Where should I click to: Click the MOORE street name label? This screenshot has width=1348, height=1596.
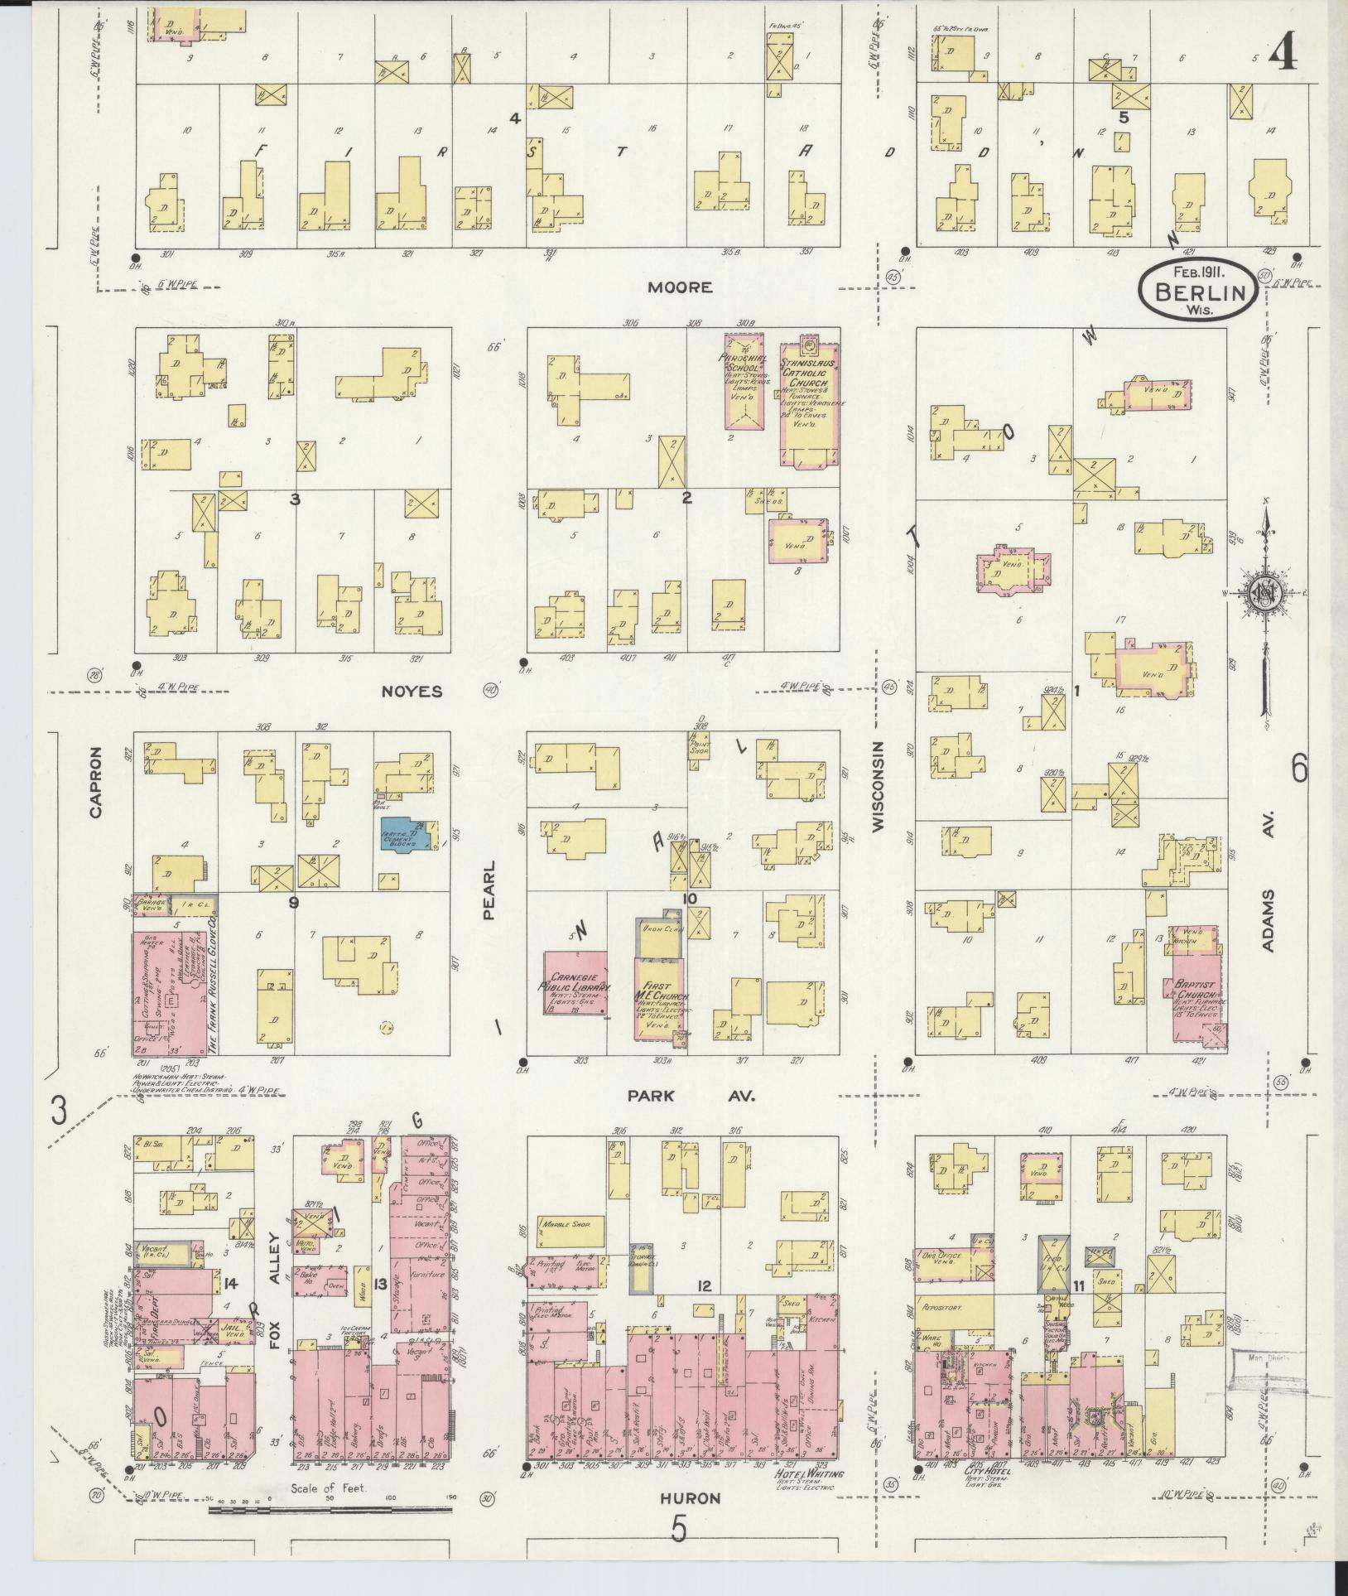coord(679,287)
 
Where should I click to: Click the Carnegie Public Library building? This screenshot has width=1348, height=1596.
coord(575,983)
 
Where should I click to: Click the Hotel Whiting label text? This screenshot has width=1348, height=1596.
coord(808,1474)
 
